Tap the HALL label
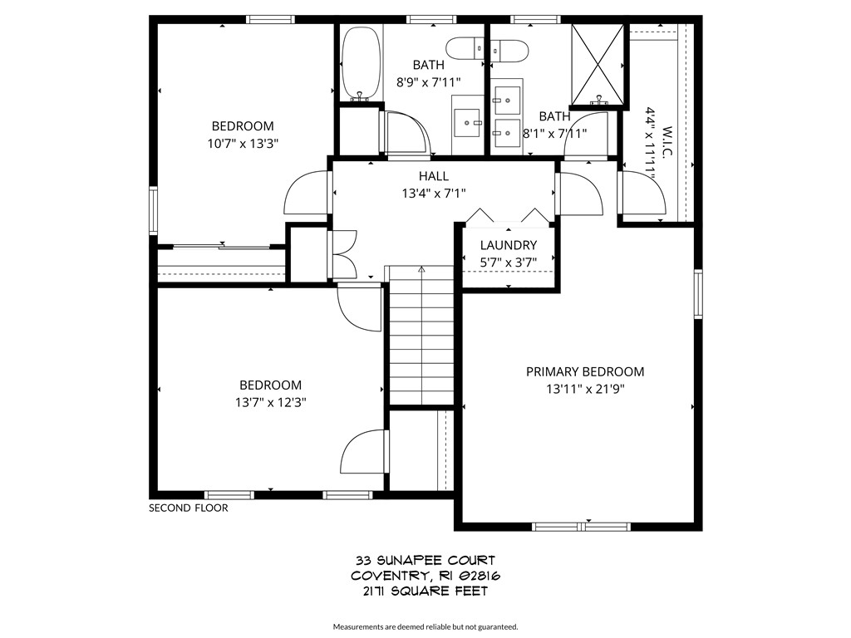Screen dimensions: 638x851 434,176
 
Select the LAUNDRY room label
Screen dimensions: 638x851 509,245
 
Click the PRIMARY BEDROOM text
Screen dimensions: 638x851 584,371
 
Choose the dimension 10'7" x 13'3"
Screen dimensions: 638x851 243,143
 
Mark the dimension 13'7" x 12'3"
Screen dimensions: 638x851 270,402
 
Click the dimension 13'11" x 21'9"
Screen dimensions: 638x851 584,388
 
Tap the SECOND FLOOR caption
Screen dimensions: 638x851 188,508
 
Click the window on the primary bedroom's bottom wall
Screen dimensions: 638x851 582,526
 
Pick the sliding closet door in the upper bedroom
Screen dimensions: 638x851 221,246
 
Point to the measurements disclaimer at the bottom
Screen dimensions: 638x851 425,626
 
